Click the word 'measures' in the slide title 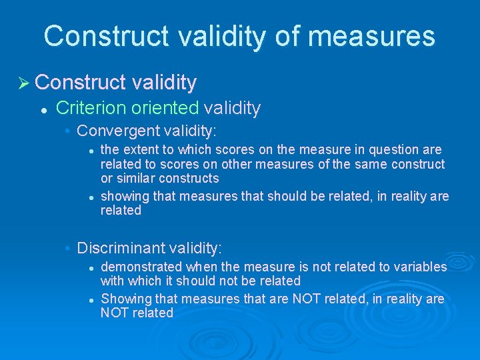(372, 35)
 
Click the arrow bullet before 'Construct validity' (23, 83)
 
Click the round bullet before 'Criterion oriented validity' (43, 109)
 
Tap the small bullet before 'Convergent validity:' (69, 131)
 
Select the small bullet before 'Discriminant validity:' (69, 249)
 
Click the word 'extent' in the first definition (142, 150)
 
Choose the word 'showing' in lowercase (125, 197)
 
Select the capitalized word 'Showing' (126, 299)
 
